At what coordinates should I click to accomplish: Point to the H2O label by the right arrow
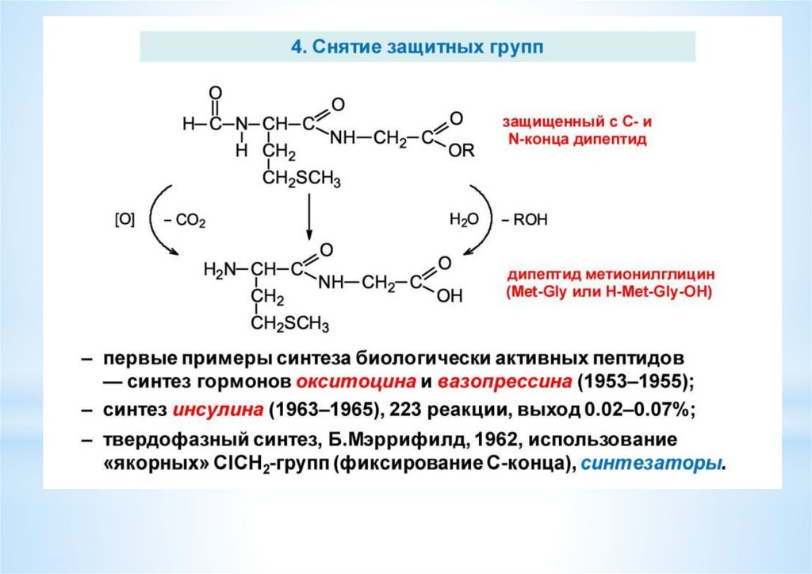(x=465, y=220)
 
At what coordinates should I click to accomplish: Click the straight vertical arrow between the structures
(x=308, y=214)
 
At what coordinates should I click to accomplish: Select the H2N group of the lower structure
(x=220, y=270)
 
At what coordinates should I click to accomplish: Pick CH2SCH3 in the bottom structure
(x=290, y=325)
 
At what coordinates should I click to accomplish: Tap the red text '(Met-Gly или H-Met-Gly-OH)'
(x=609, y=292)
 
